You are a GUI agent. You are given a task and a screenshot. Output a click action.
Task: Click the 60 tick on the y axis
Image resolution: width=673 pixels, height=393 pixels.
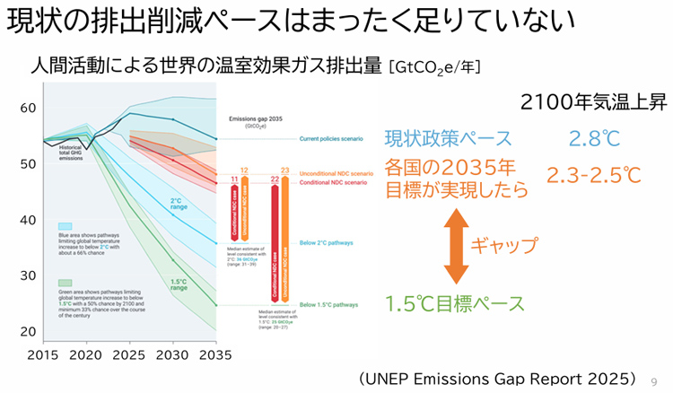(x=26, y=108)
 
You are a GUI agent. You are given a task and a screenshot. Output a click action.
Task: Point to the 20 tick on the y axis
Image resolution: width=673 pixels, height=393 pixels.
(x=26, y=330)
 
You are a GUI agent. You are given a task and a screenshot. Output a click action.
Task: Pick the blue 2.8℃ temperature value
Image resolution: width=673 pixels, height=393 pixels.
(x=593, y=139)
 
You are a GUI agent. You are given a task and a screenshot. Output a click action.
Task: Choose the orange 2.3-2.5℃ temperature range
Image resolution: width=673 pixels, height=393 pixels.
(x=594, y=174)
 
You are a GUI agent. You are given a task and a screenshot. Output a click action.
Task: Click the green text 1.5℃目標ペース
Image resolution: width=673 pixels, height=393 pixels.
(x=455, y=303)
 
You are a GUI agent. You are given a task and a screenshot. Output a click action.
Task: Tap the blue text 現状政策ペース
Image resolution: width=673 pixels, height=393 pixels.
(x=448, y=139)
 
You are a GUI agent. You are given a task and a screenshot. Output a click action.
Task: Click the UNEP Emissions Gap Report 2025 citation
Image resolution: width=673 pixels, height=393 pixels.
(x=498, y=378)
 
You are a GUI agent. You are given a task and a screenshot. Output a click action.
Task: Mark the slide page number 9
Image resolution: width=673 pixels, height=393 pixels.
(x=654, y=380)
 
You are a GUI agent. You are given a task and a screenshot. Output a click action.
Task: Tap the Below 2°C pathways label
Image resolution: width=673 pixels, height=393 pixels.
(x=327, y=243)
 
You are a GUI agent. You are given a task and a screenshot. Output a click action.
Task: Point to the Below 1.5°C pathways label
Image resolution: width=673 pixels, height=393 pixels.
(x=329, y=305)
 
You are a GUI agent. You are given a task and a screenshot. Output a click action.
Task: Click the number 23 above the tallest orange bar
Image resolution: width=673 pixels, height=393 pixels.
(x=285, y=170)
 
